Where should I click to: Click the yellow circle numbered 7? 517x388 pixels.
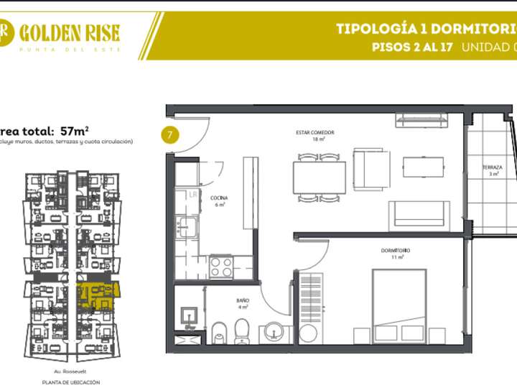(x=169, y=134)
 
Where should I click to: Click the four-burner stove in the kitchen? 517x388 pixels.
(x=221, y=267)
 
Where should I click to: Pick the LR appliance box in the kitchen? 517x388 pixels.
(x=193, y=194)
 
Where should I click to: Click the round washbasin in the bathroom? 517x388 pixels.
(x=275, y=332)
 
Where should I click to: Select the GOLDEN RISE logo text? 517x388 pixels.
(x=70, y=32)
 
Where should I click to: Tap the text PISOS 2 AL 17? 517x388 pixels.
(x=411, y=48)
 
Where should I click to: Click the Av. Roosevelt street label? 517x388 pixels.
(x=70, y=372)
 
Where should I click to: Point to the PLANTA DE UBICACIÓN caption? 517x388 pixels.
(x=70, y=382)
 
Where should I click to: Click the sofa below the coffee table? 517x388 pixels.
(x=419, y=216)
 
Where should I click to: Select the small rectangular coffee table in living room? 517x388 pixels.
(x=423, y=167)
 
